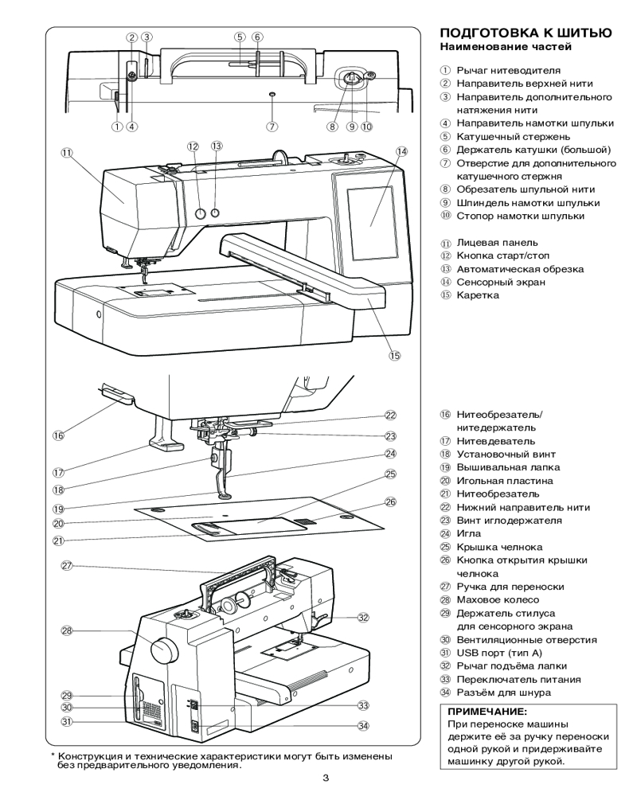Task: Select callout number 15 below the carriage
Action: tap(394, 356)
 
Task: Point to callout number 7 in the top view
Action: tap(272, 126)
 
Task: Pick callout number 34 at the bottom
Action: tap(363, 725)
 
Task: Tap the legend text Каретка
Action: tap(478, 295)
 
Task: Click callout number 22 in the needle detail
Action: tap(390, 415)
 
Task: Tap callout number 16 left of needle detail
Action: tap(58, 435)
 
